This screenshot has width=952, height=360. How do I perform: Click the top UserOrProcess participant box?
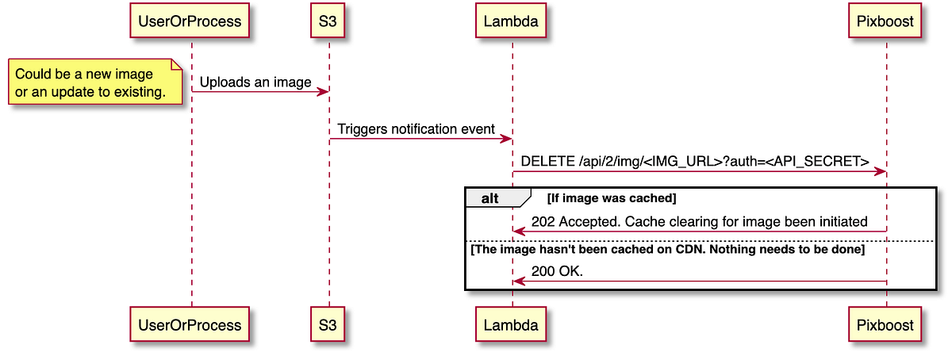[x=191, y=21]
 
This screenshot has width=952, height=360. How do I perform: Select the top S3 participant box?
[x=328, y=21]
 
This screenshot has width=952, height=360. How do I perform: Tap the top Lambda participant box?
[x=512, y=21]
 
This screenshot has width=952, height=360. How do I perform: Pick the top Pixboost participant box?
[x=886, y=21]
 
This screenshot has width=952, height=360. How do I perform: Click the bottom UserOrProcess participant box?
[x=191, y=324]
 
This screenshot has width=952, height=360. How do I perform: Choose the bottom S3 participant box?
[x=328, y=324]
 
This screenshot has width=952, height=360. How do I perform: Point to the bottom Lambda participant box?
[x=512, y=324]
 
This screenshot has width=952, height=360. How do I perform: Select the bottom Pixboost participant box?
[x=886, y=324]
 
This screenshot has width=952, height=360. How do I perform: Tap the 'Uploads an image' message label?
[x=255, y=82]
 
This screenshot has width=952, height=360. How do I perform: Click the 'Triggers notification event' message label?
[x=416, y=128]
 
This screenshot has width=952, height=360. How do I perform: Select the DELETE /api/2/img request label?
[x=695, y=161]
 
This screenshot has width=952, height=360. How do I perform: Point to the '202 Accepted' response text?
[x=699, y=222]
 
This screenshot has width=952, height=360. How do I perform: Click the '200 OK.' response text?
[x=557, y=271]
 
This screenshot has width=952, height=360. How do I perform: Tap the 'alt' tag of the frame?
[x=490, y=198]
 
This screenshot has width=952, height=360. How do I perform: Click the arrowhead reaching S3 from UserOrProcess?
[x=324, y=92]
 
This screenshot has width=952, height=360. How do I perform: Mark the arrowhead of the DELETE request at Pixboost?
[x=881, y=171]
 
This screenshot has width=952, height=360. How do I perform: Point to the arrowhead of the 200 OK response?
[x=518, y=281]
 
